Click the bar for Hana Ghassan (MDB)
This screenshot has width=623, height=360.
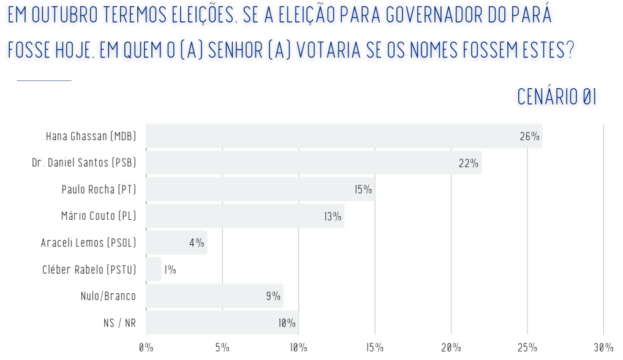pyautogui.click(x=343, y=136)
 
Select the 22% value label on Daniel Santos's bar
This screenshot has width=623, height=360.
pyautogui.click(x=468, y=163)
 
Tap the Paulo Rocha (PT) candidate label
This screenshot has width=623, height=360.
pyautogui.click(x=99, y=190)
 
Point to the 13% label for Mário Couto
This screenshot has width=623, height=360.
pyautogui.click(x=333, y=216)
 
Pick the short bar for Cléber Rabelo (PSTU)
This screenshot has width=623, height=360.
pyautogui.click(x=154, y=269)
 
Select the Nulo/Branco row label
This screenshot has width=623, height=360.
pyautogui.click(x=108, y=296)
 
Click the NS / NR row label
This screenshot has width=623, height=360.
pyautogui.click(x=119, y=323)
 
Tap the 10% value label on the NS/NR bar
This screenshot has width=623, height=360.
pyautogui.click(x=287, y=323)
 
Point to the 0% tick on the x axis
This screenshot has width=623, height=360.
pyautogui.click(x=146, y=348)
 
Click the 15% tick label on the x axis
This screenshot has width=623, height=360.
pyautogui.click(x=375, y=348)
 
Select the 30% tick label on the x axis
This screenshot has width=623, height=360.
pyautogui.click(x=603, y=348)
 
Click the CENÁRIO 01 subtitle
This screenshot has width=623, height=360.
pyautogui.click(x=556, y=97)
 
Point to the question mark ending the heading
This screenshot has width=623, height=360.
pyautogui.click(x=570, y=50)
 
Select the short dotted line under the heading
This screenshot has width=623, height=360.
pyautogui.click(x=44, y=80)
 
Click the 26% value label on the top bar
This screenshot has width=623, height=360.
pyautogui.click(x=529, y=137)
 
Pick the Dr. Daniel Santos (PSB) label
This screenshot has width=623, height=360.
pyautogui.click(x=84, y=163)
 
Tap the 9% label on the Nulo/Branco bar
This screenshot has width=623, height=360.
pyautogui.click(x=273, y=296)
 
